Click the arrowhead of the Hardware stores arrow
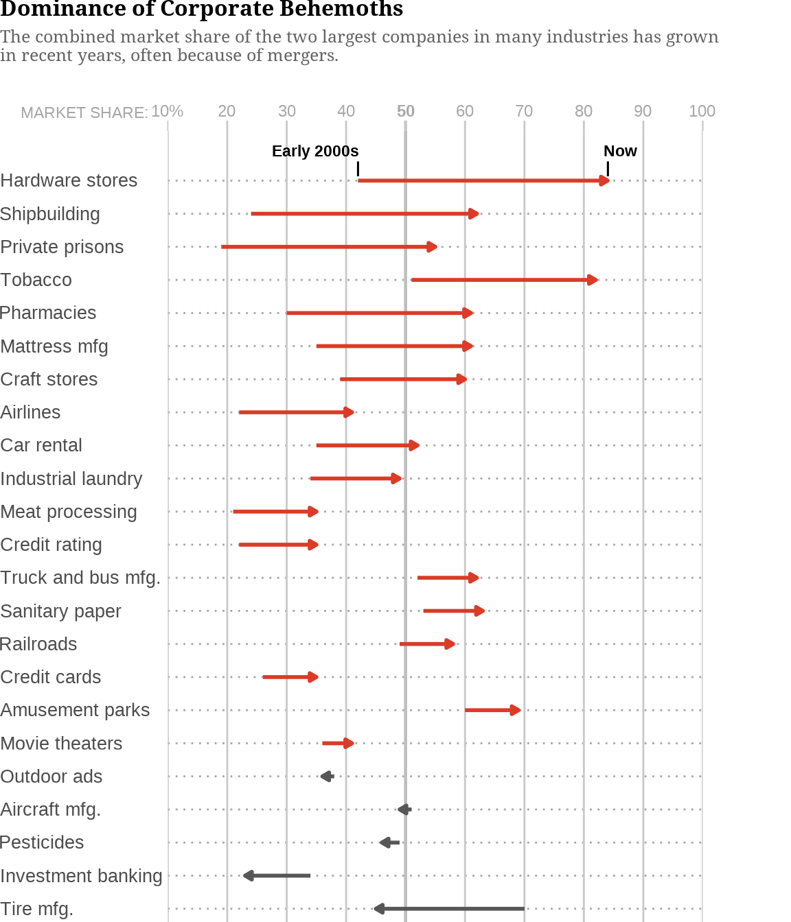[604, 181]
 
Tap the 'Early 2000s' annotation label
[315, 151]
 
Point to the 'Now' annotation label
[620, 151]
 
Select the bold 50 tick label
[406, 111]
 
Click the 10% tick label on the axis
[167, 111]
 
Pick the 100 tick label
[702, 111]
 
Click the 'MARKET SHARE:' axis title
[84, 113]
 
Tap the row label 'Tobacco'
[36, 280]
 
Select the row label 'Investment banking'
[81, 876]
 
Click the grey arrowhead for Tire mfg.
[378, 909]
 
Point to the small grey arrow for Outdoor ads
[327, 777]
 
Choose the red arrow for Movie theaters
[337, 744]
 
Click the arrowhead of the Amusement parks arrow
[515, 710]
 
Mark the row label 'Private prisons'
[62, 247]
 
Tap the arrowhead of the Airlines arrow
[349, 412]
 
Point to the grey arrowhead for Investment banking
[249, 876]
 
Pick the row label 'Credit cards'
[51, 677]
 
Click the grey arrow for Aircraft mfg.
[404, 809]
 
